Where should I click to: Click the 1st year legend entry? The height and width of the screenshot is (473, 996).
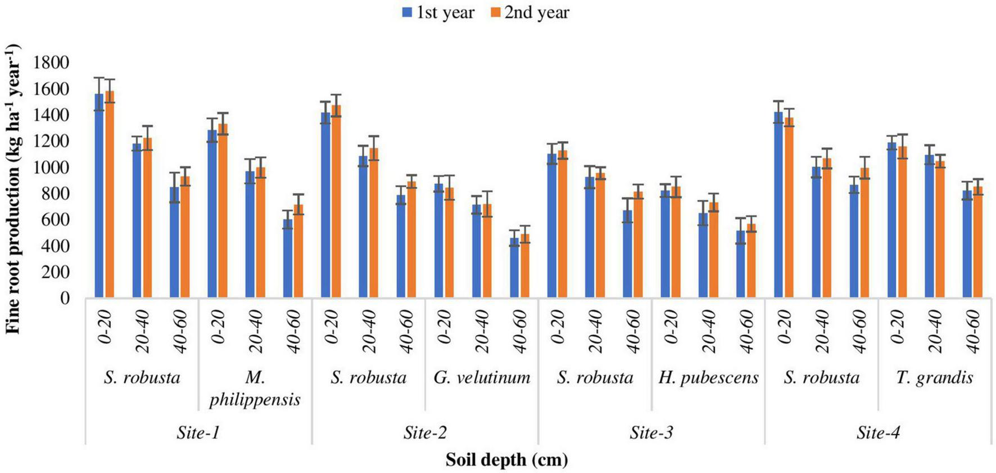coord(438,12)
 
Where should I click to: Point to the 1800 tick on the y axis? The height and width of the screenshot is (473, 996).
coord(51,63)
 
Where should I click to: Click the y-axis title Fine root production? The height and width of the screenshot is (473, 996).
coord(13,188)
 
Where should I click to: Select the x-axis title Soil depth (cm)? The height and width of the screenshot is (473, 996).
coord(506,460)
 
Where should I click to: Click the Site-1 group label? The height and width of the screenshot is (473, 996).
coord(198,433)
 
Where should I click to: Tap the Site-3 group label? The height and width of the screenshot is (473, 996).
coord(651,433)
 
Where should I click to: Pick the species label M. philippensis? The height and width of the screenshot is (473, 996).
coord(255,388)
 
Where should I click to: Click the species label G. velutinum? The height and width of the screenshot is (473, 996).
coord(482,377)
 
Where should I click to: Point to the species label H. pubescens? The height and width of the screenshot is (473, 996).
coord(708,377)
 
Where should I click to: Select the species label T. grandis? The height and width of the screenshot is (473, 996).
coord(934,377)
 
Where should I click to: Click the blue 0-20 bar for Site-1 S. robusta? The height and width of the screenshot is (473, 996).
coord(99,197)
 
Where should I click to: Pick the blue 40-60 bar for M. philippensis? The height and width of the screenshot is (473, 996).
coord(288,258)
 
